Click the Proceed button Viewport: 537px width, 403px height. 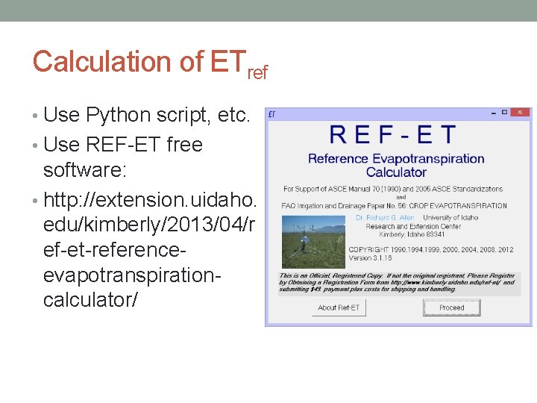[452, 307]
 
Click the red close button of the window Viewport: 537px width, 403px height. [520, 113]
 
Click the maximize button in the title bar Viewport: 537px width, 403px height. [504, 113]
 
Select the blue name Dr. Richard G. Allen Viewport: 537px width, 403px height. [385, 218]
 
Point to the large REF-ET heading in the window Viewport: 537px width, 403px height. [393, 135]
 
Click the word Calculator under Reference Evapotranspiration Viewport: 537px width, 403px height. [397, 172]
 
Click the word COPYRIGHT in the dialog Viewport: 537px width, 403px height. [368, 249]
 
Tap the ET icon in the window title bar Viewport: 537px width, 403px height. [272, 113]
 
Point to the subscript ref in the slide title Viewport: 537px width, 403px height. [256, 72]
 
